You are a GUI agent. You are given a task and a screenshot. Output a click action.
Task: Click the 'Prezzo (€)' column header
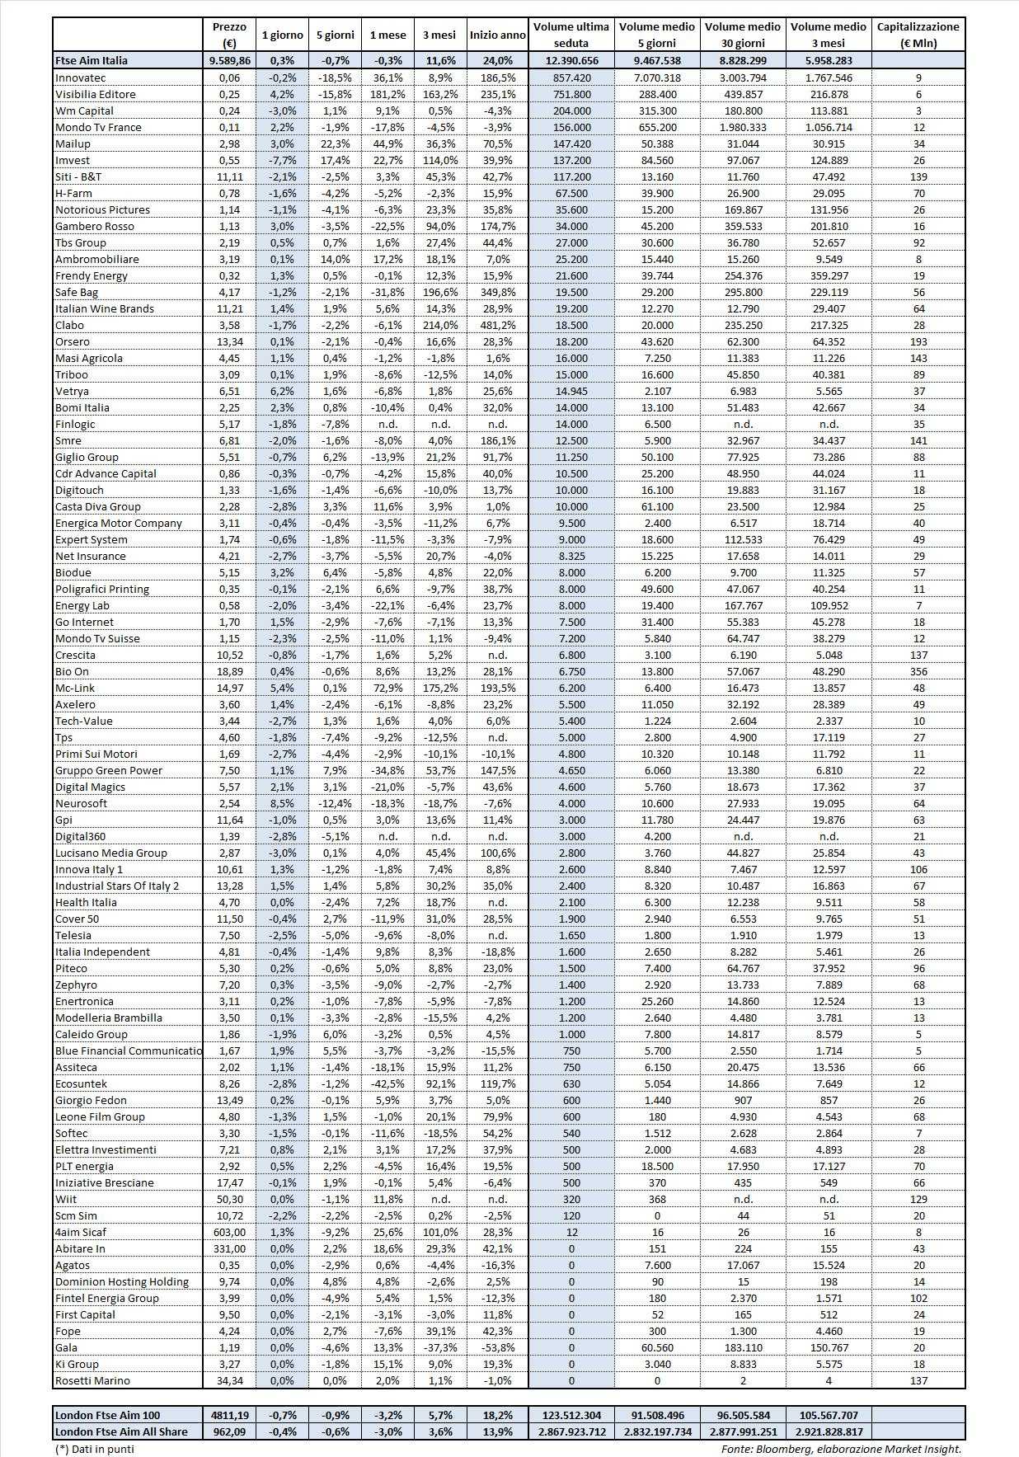(228, 35)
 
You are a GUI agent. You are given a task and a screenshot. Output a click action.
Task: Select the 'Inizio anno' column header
(497, 35)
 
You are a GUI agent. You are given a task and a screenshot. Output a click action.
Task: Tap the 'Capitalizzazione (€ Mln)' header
(918, 35)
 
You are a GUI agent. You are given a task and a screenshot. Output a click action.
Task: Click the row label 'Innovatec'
(81, 78)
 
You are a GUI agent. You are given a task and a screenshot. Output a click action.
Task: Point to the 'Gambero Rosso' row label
(94, 226)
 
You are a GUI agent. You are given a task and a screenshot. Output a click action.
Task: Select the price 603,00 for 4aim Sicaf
(228, 1232)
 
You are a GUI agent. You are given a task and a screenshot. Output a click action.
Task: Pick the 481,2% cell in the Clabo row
(497, 325)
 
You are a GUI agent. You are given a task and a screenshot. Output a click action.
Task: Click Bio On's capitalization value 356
(918, 671)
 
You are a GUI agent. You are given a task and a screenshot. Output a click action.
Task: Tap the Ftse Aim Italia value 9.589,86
(228, 60)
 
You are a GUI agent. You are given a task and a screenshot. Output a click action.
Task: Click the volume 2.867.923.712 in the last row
(571, 1431)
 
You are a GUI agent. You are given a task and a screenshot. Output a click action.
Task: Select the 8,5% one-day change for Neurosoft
(282, 803)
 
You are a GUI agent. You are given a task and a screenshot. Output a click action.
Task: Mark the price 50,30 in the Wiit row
(228, 1199)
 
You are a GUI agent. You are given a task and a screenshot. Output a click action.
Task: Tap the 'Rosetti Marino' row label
(92, 1380)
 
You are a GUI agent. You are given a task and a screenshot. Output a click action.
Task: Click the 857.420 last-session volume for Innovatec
(571, 78)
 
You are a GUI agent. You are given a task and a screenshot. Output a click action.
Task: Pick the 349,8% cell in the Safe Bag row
(497, 292)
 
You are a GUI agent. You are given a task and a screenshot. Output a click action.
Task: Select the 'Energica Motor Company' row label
(118, 523)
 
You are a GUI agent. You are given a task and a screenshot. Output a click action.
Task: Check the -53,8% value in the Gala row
(497, 1347)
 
